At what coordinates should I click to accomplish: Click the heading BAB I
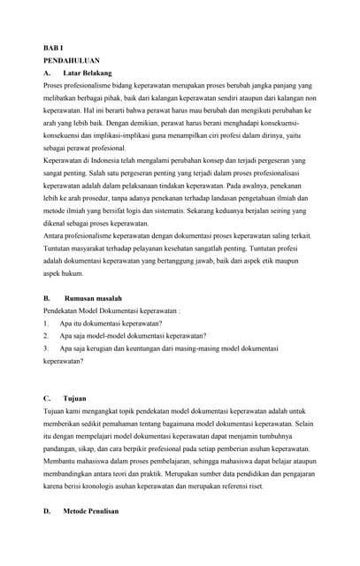pos(51,47)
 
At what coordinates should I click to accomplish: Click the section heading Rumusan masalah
pos(94,299)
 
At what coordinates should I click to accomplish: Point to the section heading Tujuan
pos(75,398)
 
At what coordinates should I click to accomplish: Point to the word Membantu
pos(61,461)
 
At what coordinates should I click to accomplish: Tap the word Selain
pos(303,424)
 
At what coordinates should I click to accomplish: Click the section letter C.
pos(46,398)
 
